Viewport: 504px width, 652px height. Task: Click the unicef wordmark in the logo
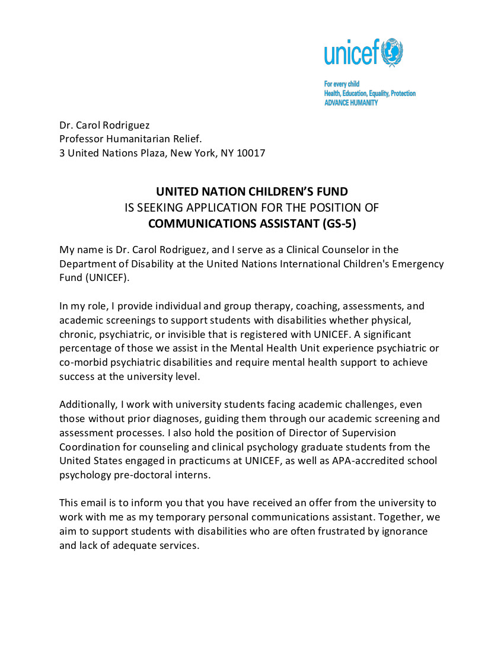[x=351, y=54]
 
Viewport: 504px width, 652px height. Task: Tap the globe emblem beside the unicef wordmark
[x=391, y=53]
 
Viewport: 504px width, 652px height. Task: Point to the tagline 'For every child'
[x=342, y=84]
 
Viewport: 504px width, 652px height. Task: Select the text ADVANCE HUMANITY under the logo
[x=350, y=103]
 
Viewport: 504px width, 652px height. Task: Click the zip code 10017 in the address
[x=251, y=153]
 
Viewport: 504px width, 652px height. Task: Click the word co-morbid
[x=84, y=362]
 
